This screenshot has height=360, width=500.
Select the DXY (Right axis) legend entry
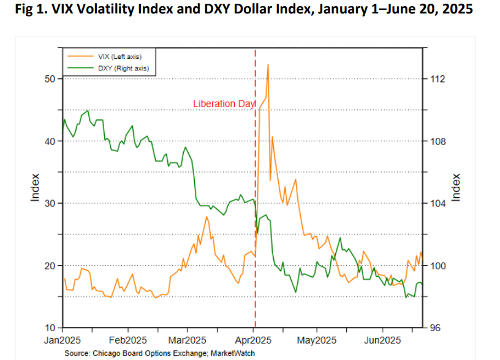point(117,68)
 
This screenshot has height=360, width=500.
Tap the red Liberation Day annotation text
point(224,104)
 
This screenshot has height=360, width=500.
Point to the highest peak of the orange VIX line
point(268,64)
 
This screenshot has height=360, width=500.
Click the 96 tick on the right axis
point(436,328)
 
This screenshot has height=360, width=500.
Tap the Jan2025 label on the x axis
point(63,340)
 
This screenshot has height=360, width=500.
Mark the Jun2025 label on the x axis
point(383,340)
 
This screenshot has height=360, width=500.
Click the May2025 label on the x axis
point(316,340)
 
